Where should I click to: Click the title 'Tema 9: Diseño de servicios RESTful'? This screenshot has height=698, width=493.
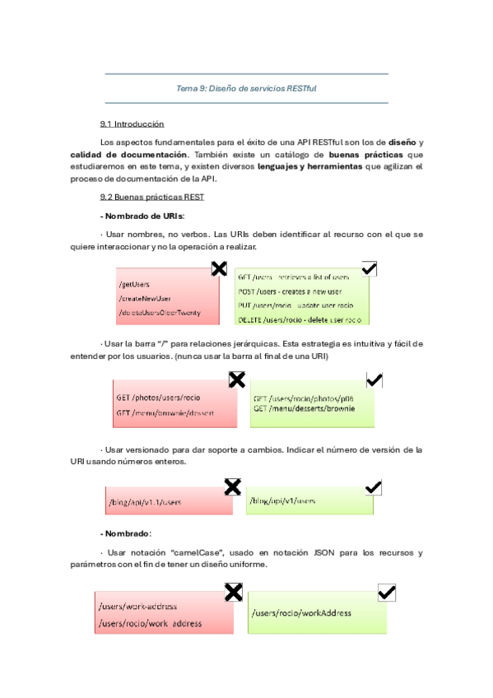247,88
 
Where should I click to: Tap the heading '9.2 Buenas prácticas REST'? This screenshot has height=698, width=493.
151,198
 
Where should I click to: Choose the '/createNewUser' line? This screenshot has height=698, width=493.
145,298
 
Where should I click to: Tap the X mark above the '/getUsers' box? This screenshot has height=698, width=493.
220,268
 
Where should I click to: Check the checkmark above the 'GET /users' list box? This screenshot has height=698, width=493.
369,268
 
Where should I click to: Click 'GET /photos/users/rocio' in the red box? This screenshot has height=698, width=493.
158,398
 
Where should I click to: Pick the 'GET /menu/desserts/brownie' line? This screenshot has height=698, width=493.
304,409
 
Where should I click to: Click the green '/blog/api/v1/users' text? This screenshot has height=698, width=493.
283,500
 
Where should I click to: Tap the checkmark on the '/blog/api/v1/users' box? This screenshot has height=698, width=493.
373,487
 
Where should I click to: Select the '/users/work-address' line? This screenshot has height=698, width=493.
137,607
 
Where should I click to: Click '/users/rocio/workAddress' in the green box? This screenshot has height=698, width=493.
302,613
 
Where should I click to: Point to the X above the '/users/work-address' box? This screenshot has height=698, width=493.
234,592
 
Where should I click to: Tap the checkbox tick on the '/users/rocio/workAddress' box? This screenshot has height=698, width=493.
386,593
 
